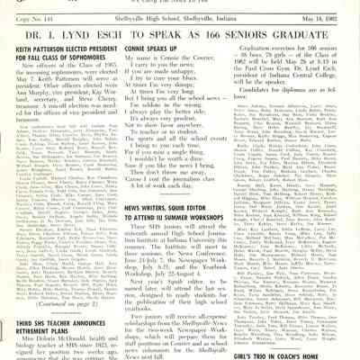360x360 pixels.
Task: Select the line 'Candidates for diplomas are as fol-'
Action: pos(297,116)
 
